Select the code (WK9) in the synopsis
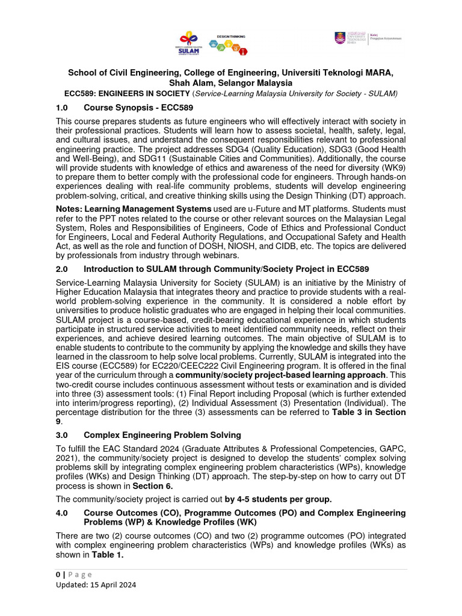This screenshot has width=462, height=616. pyautogui.click(x=393, y=170)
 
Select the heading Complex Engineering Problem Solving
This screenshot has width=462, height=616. pyautogui.click(x=162, y=434)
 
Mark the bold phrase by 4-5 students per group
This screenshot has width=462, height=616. pyautogui.click(x=278, y=499)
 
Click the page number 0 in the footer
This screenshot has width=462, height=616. pyautogui.click(x=58, y=574)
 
